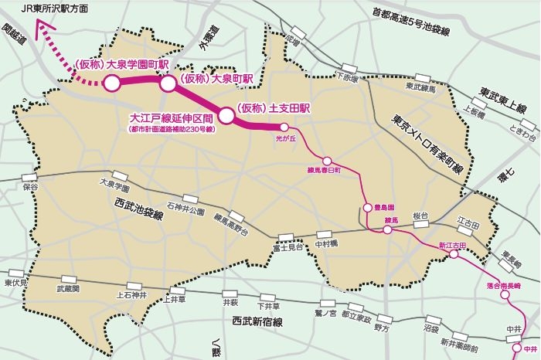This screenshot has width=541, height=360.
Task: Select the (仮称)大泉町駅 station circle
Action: click(x=168, y=83)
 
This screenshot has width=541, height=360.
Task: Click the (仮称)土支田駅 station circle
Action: click(x=226, y=116)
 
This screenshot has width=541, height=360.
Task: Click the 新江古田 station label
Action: click(x=453, y=246)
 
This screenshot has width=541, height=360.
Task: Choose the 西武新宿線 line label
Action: click(x=259, y=319)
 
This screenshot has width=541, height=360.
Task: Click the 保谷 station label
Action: click(x=30, y=187)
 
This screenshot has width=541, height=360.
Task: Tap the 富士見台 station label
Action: click(x=287, y=249)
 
